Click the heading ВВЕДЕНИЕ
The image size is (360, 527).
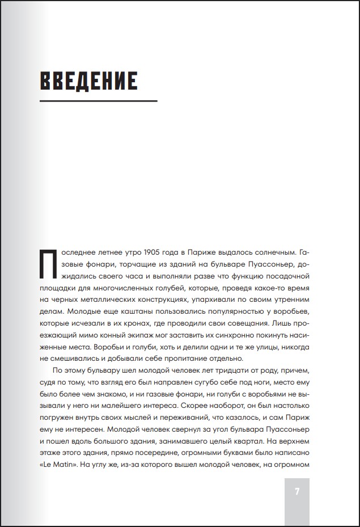tap(88, 81)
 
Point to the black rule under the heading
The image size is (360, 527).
tap(98, 101)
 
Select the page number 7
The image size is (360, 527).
tap(297, 492)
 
